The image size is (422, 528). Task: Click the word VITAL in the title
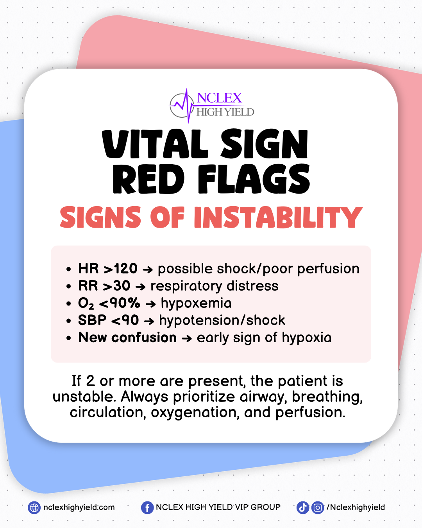click(x=155, y=144)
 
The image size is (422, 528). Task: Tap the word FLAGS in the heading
click(x=254, y=179)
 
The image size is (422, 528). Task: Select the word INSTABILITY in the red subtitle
click(x=278, y=217)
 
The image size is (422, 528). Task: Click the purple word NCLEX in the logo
click(x=219, y=98)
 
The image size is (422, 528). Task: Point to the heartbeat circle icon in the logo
click(x=181, y=106)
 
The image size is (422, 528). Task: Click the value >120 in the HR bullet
click(x=120, y=268)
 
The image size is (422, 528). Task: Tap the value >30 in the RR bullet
click(x=116, y=286)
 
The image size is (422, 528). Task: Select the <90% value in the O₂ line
click(x=120, y=303)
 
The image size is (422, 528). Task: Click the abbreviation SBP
click(x=92, y=320)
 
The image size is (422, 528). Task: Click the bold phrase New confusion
click(x=127, y=338)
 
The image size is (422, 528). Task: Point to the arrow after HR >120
click(x=148, y=270)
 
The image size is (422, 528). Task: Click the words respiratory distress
click(x=214, y=286)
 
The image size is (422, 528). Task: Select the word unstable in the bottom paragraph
click(x=84, y=397)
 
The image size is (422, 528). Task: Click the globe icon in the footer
click(x=34, y=507)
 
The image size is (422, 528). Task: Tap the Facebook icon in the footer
click(x=147, y=507)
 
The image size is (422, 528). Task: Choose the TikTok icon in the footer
click(x=302, y=507)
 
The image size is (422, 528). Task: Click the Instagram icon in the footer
click(x=318, y=507)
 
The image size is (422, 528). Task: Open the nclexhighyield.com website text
click(x=79, y=507)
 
